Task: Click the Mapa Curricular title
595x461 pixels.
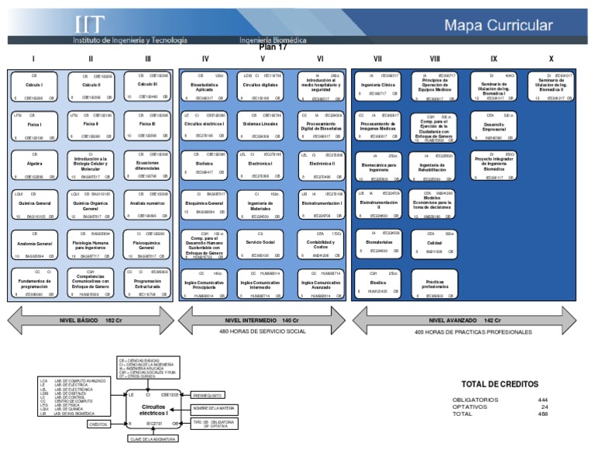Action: [499, 25]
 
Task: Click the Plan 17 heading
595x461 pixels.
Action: [273, 47]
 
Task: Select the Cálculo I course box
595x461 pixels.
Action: [33, 86]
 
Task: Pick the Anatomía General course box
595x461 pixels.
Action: [33, 244]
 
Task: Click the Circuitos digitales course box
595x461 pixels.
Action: [262, 86]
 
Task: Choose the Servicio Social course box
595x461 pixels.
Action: [262, 244]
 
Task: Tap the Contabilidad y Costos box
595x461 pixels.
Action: [319, 244]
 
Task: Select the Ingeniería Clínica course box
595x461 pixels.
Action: [377, 86]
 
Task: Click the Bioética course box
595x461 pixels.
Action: [377, 283]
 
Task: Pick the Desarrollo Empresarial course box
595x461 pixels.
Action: [493, 126]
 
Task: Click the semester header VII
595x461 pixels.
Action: [377, 59]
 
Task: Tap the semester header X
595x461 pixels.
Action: [551, 59]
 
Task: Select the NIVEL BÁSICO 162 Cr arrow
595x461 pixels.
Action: [92, 319]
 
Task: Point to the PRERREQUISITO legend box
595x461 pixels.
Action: [208, 395]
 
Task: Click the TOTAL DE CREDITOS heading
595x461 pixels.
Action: [499, 384]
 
